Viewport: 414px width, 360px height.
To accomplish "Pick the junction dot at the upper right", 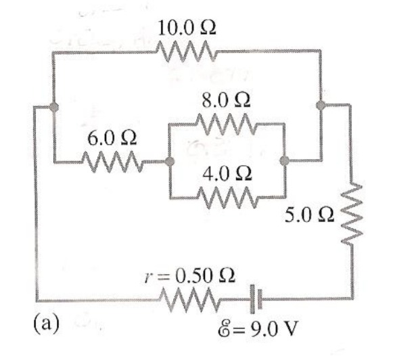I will (321, 104).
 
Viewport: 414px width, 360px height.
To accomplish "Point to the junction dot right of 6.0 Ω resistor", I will (170, 162).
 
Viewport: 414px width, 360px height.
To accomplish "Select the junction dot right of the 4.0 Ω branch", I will (284, 161).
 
